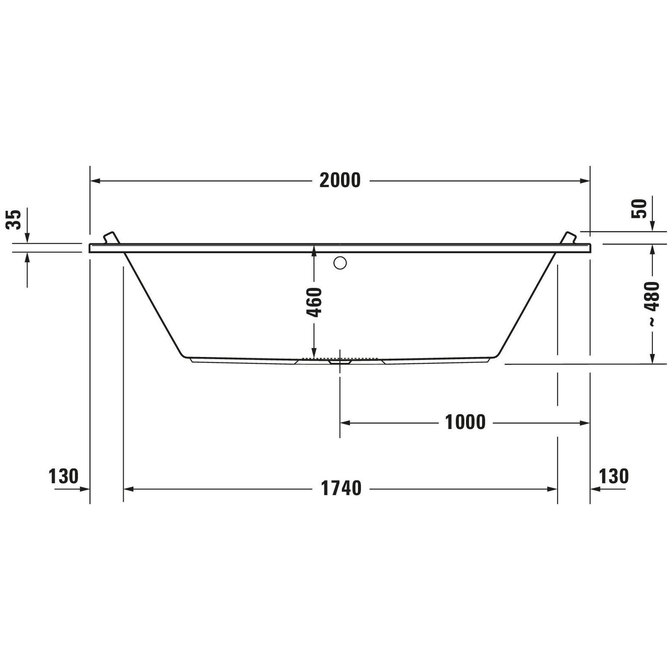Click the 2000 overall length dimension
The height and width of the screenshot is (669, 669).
tap(340, 180)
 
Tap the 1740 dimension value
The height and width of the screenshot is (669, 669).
tap(341, 489)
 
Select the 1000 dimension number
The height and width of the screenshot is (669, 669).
tap(465, 422)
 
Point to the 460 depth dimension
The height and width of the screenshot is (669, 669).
tap(314, 302)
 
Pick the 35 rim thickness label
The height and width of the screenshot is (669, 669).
tap(13, 219)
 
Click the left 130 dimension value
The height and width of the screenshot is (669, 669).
tap(64, 476)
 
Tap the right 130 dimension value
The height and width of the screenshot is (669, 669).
tap(613, 476)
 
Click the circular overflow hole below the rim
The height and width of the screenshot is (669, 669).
tap(340, 263)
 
